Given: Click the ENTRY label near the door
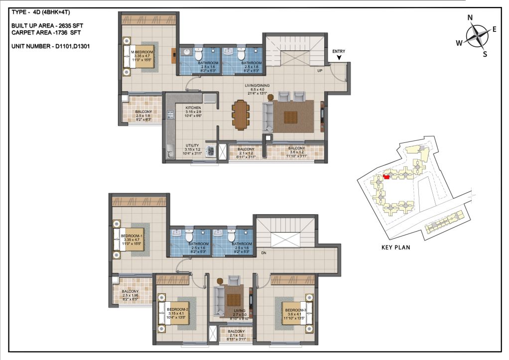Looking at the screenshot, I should point(339,51).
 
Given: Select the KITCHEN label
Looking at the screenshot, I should point(193,108).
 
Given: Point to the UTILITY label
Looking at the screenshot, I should point(193,145).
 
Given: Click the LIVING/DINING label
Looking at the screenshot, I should point(257,86).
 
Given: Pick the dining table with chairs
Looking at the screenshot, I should point(241,115).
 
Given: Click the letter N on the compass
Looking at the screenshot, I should point(470,18).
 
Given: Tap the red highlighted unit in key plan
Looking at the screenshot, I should point(386,176).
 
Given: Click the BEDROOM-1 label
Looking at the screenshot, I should point(132,236).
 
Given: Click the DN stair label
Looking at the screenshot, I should point(263,253).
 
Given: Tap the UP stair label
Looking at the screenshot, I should point(321,71).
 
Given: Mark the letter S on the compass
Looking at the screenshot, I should point(485,54).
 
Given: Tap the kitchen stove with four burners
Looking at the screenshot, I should point(169,115).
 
